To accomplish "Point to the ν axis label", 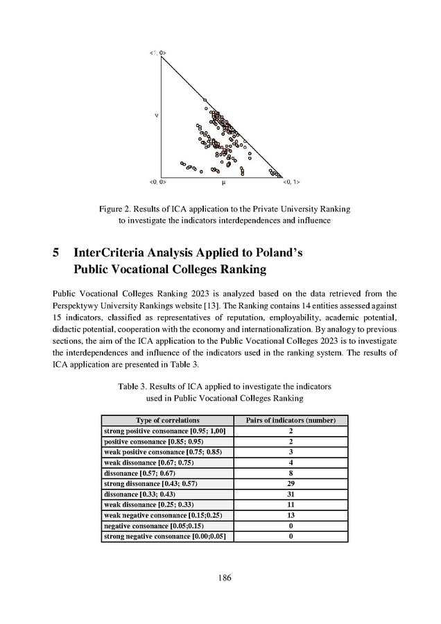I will [153, 116].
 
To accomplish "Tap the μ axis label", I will [223, 183].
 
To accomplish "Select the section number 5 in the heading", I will [55, 253].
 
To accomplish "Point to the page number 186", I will [221, 578].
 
